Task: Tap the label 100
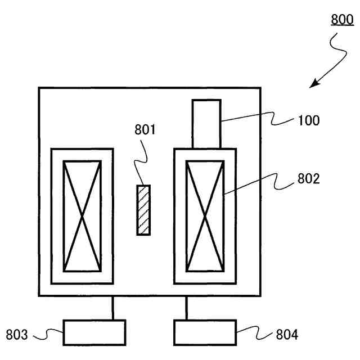[x=309, y=121]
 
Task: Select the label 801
[x=145, y=130]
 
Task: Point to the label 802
[x=308, y=179]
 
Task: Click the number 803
[x=17, y=335]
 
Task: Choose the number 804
[x=287, y=335]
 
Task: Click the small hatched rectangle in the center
[x=145, y=210]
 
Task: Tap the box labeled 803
[x=94, y=332]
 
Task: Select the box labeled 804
[x=205, y=332]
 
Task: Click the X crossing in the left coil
[x=83, y=216]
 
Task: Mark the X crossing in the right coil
[x=205, y=216]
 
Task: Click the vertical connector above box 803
[x=113, y=308]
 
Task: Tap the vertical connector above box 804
[x=186, y=308]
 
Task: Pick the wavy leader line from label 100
[x=259, y=120]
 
